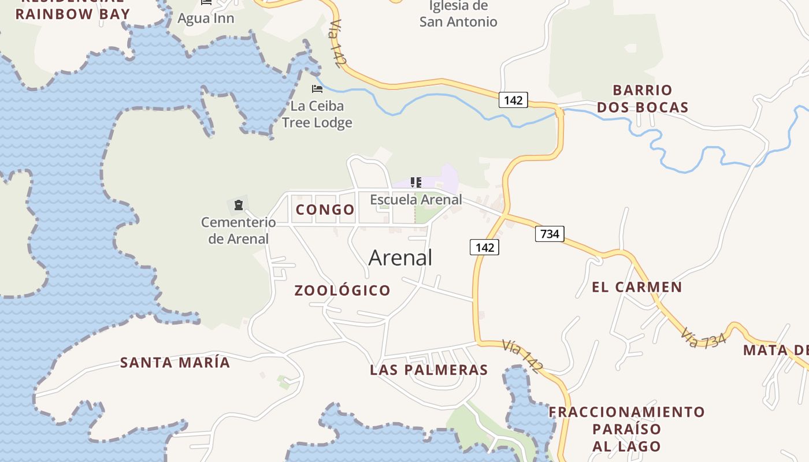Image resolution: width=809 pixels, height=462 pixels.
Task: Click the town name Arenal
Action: tap(400, 258)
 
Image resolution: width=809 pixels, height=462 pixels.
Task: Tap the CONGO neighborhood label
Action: tap(325, 210)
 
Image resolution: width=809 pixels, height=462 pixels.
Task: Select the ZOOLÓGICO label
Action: tap(343, 290)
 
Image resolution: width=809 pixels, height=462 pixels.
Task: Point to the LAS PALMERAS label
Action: tap(429, 370)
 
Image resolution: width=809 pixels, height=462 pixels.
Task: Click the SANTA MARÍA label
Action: tap(175, 363)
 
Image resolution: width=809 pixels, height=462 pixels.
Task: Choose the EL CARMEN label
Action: tap(637, 287)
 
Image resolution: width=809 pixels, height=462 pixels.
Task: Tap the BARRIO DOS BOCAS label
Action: tap(643, 99)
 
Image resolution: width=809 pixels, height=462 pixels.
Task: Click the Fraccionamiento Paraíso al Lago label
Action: tap(627, 429)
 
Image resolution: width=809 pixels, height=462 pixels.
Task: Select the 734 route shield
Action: tap(549, 234)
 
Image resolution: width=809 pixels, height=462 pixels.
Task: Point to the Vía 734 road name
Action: tap(703, 338)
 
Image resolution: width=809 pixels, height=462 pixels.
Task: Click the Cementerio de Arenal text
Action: tap(238, 230)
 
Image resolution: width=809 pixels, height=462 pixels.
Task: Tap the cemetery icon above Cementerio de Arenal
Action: tap(238, 205)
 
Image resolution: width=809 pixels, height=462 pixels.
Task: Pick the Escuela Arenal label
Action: tap(416, 200)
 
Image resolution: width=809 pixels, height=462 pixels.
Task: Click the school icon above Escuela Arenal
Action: tap(416, 183)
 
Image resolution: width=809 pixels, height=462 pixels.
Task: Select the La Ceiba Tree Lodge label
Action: tap(317, 114)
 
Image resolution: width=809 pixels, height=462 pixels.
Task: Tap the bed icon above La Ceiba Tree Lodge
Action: tap(317, 89)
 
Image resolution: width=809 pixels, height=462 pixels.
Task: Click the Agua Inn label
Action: tap(206, 18)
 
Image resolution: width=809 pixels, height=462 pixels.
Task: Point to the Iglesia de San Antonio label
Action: tap(458, 14)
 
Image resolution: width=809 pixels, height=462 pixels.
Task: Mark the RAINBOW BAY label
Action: tap(73, 14)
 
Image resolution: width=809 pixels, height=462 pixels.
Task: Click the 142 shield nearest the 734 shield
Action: tap(484, 248)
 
